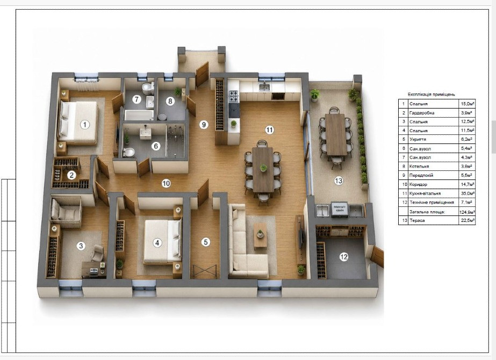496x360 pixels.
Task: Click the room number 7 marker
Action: coord(136,99)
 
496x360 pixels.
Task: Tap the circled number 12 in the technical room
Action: coord(343,257)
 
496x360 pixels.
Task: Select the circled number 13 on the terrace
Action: coord(339,181)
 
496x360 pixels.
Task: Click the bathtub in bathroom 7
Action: coord(139,114)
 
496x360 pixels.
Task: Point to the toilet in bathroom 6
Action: coord(128,152)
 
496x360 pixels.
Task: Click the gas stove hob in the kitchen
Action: coord(234,96)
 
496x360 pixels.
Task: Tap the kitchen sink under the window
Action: coord(264,87)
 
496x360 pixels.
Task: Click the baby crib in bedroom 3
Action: coord(66,209)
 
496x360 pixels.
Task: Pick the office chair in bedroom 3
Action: coord(97,252)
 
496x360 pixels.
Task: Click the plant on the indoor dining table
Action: coord(263,168)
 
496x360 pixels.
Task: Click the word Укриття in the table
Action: coord(418,139)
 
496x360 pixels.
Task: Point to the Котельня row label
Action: coord(419,166)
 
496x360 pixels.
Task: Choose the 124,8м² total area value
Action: coord(467,212)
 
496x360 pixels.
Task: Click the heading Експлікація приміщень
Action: coord(432,94)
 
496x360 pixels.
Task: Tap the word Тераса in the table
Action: coord(417,220)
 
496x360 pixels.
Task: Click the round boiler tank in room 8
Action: coord(162,117)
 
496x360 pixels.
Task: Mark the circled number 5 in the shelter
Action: coord(206,242)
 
